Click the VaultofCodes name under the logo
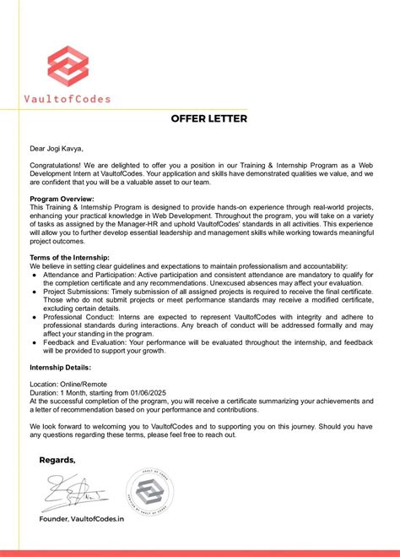coord(68,99)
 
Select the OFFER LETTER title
coord(208,119)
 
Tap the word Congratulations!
coord(56,166)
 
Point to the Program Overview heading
coord(62,199)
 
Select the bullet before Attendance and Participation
coord(34,276)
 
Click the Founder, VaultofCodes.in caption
coord(81,519)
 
